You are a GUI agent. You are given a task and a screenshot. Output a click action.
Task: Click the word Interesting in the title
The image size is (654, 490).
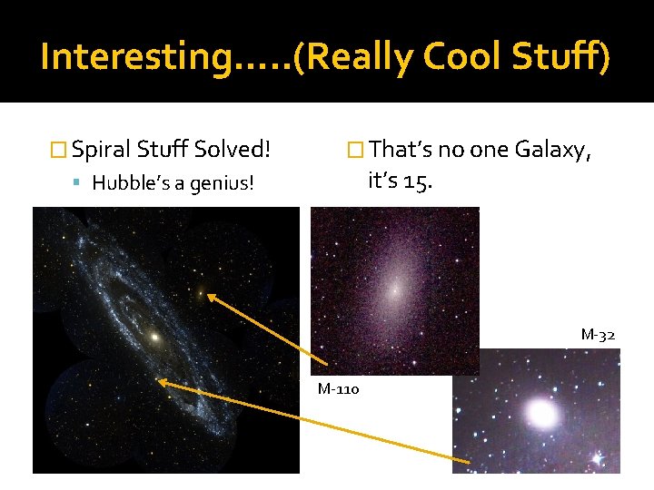tap(136, 56)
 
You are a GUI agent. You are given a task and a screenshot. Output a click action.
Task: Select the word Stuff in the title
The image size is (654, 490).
tap(560, 56)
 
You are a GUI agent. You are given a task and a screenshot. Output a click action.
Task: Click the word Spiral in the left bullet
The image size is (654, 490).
tap(102, 148)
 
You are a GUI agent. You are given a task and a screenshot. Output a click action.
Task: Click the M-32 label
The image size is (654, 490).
tap(598, 335)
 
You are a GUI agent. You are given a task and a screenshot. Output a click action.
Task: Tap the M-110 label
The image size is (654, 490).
tap(338, 389)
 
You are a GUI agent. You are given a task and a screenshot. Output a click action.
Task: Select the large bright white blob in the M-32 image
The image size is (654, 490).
tap(541, 414)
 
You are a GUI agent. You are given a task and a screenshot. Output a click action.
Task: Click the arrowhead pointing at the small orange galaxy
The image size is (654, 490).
tap(212, 297)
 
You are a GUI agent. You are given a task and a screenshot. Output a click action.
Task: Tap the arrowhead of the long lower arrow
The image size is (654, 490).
tap(164, 383)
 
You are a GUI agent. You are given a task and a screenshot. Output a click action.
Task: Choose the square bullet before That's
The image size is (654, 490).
tap(356, 149)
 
